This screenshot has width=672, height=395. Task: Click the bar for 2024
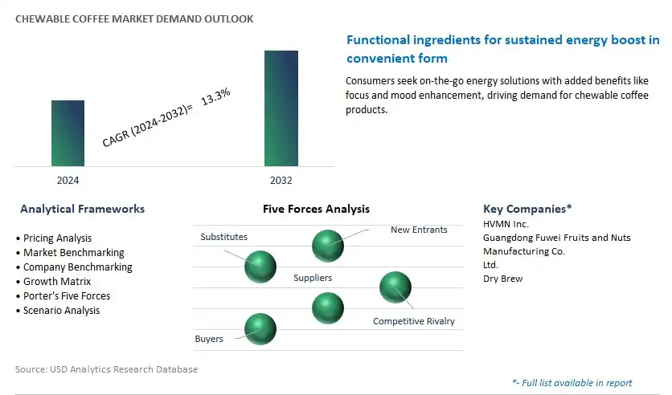click(68, 133)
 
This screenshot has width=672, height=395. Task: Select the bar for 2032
click(281, 108)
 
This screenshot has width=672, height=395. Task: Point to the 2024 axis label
click(68, 180)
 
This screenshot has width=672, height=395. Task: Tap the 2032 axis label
click(281, 180)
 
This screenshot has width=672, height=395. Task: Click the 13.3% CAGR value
click(215, 96)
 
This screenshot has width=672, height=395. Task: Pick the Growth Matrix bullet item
click(54, 281)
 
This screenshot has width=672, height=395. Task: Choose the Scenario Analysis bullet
click(58, 310)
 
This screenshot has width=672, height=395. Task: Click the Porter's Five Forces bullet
click(63, 295)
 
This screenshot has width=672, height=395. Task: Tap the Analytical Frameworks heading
click(82, 209)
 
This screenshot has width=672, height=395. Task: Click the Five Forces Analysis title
click(316, 209)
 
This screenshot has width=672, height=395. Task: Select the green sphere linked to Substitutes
click(260, 267)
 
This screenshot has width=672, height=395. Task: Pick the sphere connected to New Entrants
click(328, 246)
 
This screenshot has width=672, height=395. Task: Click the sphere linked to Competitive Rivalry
click(395, 287)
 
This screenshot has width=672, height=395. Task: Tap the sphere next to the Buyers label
click(260, 329)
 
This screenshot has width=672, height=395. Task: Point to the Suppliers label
click(313, 278)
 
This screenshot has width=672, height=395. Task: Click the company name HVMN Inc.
click(506, 224)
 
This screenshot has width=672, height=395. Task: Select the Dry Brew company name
click(502, 279)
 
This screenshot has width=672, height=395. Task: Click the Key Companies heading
click(527, 209)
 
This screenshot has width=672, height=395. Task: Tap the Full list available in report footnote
click(572, 383)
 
